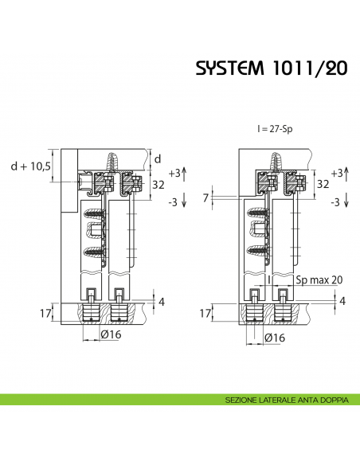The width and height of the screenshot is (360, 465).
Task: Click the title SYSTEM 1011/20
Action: click(x=271, y=68)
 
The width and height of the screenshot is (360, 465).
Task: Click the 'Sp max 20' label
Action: click(x=318, y=279)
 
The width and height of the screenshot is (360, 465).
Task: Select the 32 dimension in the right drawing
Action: click(x=323, y=183)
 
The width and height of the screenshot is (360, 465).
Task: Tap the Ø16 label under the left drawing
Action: click(x=111, y=335)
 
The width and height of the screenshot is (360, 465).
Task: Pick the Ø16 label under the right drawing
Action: click(x=275, y=338)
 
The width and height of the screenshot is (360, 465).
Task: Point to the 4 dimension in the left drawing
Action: click(x=161, y=301)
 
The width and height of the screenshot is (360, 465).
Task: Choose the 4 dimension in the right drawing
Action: click(x=342, y=301)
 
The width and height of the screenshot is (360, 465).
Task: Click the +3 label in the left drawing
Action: click(x=174, y=173)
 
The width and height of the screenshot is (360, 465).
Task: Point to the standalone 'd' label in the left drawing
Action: click(x=158, y=158)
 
